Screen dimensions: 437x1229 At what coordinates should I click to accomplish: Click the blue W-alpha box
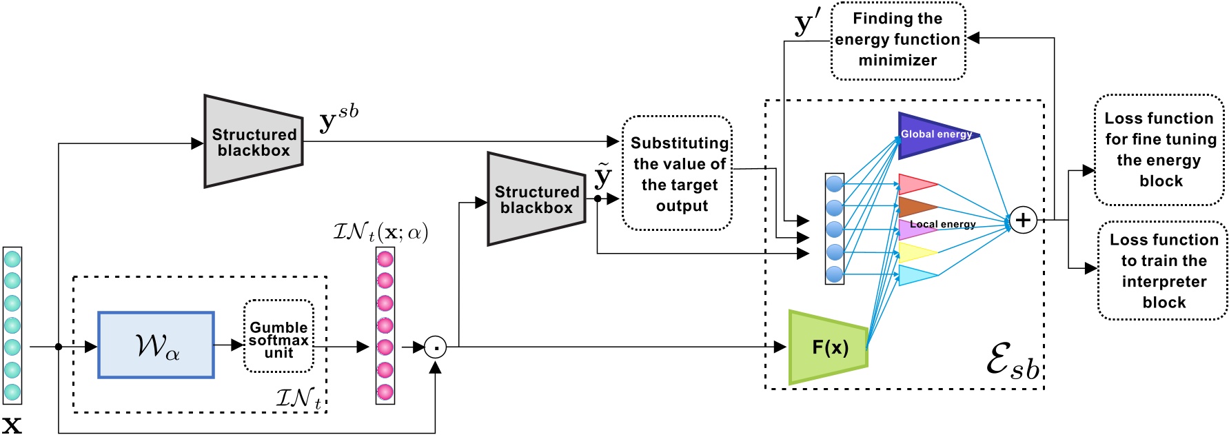pyautogui.click(x=156, y=345)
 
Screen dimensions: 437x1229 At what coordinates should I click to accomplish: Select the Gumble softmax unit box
pyautogui.click(x=278, y=336)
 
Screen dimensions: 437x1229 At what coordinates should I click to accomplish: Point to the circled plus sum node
pyautogui.click(x=1023, y=221)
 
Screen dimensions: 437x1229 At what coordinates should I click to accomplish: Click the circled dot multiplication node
pyautogui.click(x=435, y=347)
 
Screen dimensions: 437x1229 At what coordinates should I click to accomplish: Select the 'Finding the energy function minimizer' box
pyautogui.click(x=897, y=40)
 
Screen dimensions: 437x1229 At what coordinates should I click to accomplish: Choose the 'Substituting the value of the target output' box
pyautogui.click(x=678, y=174)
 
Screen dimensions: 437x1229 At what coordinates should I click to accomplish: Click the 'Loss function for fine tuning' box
pyautogui.click(x=1159, y=150)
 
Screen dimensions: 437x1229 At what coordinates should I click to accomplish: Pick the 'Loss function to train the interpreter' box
pyautogui.click(x=1163, y=271)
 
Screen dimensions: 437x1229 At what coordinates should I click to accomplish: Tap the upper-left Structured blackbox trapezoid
pyautogui.click(x=254, y=141)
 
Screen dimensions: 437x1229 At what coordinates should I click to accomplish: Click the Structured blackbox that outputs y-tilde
pyautogui.click(x=536, y=199)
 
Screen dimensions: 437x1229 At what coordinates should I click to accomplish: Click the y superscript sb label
pyautogui.click(x=338, y=119)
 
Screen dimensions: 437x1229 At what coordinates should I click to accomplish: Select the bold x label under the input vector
pyautogui.click(x=12, y=423)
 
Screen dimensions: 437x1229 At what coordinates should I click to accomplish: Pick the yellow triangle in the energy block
pyautogui.click(x=916, y=252)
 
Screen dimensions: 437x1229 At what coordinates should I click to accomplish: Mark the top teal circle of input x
pyautogui.click(x=12, y=259)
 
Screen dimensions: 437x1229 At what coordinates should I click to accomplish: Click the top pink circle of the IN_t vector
pyautogui.click(x=385, y=259)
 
